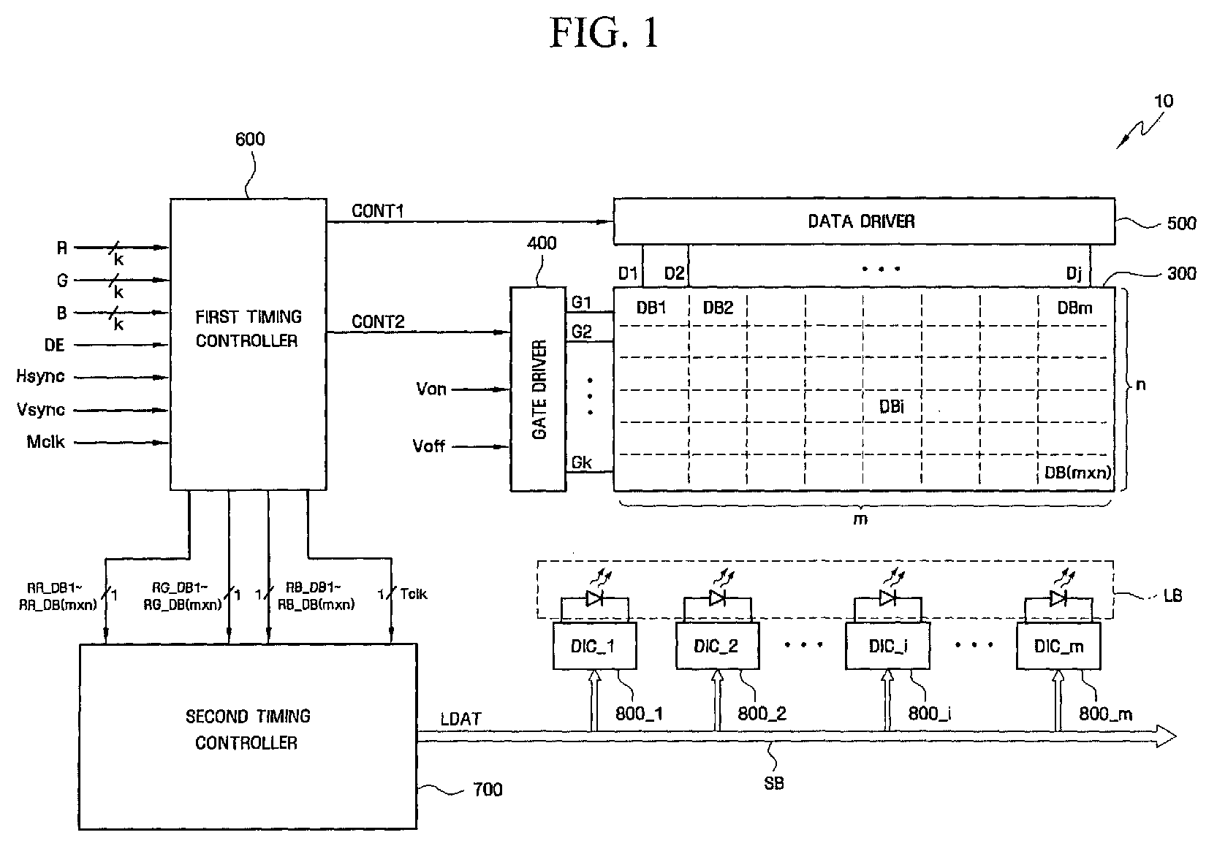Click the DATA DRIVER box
[x=864, y=221]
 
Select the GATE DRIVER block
[x=538, y=389]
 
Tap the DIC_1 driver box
[x=594, y=646]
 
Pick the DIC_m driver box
[x=1058, y=646]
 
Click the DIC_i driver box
[x=887, y=646]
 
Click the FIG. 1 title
[x=604, y=33]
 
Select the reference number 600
[x=250, y=140]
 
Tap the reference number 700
[x=488, y=790]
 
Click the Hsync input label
[x=40, y=376]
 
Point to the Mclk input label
[x=45, y=442]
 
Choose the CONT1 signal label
[x=378, y=210]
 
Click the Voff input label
[x=428, y=446]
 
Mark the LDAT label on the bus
[x=460, y=720]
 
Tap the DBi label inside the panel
[x=892, y=407]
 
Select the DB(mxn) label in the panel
[x=1078, y=473]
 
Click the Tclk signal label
[x=414, y=594]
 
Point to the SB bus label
[x=773, y=783]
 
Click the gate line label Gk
[x=581, y=462]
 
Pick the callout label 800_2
[x=762, y=714]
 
